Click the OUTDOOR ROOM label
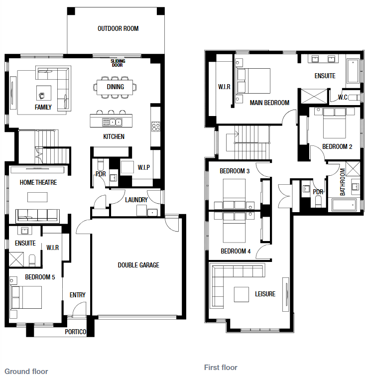118,29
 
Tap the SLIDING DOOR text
118,63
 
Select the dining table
115,87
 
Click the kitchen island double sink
112,122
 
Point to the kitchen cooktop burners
156,126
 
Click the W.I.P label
144,167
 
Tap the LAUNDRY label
136,200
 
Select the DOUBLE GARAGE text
138,265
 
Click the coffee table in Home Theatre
37,197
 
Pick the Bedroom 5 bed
25,297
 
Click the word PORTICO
75,332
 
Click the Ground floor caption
26,371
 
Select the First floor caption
221,368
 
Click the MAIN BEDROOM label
269,103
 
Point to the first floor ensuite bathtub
353,72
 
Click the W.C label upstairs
343,97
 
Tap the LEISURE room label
265,294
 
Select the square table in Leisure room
242,295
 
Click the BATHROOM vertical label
343,182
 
